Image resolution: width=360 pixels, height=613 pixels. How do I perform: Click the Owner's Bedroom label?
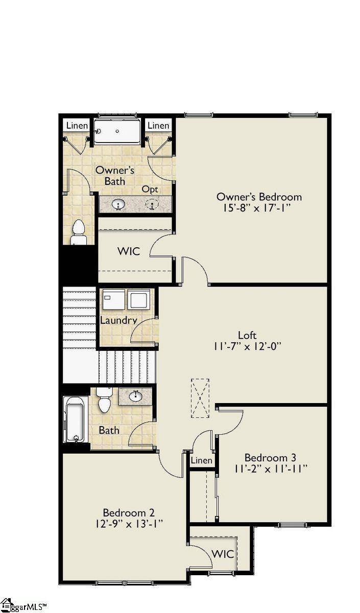click(x=259, y=197)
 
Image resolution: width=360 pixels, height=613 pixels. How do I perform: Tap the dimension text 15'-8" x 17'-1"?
click(x=259, y=208)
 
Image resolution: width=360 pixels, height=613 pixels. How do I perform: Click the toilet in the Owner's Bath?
click(x=79, y=232)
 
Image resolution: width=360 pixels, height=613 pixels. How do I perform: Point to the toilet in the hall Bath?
click(x=104, y=400)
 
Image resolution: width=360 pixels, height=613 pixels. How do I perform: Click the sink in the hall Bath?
click(x=136, y=396)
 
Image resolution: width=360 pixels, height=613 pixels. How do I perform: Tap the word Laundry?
click(x=118, y=320)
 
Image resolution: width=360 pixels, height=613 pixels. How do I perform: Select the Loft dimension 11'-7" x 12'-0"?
click(x=247, y=346)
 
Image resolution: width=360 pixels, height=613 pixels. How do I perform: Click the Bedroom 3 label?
click(x=270, y=457)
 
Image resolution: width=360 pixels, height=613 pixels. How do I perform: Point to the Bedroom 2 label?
click(x=129, y=512)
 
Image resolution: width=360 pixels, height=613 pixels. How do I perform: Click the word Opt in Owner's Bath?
click(x=150, y=189)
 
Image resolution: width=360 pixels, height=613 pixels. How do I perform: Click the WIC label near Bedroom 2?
click(x=223, y=554)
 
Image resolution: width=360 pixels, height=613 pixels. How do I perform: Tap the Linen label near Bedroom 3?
click(x=201, y=460)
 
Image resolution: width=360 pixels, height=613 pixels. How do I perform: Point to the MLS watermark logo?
click(x=23, y=606)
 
